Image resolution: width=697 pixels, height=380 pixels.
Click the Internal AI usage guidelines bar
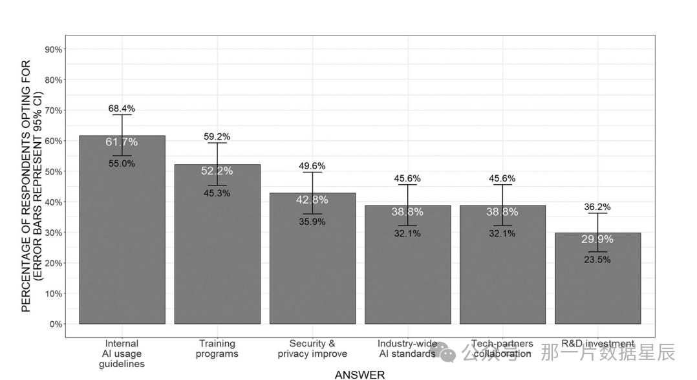(122, 230)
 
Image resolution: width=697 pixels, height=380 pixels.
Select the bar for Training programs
(217, 244)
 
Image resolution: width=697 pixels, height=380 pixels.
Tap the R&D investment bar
(598, 279)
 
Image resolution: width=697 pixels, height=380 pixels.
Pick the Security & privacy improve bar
(312, 259)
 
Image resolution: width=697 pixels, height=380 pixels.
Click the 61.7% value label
(122, 142)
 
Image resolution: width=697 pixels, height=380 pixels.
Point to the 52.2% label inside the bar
(217, 171)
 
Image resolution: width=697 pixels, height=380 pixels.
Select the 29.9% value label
(597, 239)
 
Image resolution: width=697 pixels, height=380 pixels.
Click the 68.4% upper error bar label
(122, 109)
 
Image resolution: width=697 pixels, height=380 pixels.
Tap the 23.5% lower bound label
(597, 260)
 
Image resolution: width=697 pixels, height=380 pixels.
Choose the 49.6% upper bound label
(312, 166)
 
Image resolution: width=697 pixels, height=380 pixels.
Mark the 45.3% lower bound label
(217, 193)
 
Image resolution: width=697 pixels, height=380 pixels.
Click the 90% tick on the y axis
(53, 49)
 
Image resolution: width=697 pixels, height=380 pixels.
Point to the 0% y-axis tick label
(56, 324)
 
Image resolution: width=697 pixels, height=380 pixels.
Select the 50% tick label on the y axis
(53, 171)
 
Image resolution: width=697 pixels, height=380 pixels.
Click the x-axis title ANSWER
(359, 375)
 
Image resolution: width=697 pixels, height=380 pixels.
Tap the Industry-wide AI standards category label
(407, 348)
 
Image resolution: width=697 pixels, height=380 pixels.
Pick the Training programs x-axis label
(217, 348)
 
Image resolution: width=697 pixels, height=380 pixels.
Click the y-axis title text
(32, 185)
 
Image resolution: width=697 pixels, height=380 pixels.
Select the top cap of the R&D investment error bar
(598, 213)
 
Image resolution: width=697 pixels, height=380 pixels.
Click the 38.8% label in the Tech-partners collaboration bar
(502, 212)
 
